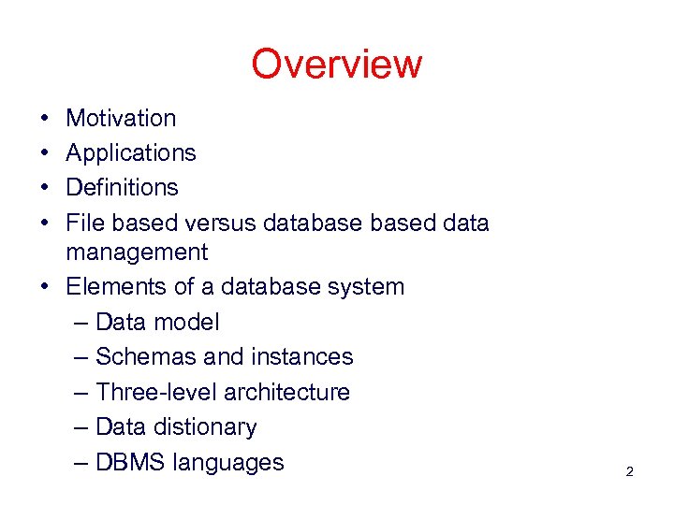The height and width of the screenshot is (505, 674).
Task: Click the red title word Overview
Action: coord(336,65)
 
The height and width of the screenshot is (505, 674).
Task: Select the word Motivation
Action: coord(121,119)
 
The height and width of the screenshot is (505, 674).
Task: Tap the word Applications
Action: coord(131,153)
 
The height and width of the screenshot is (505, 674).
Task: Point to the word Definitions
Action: coord(122,188)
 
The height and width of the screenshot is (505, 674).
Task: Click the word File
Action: coord(81,223)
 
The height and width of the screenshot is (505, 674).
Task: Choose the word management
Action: coord(137,252)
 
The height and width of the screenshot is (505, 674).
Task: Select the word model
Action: coord(186,323)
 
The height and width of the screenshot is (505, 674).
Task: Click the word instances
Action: coord(302,357)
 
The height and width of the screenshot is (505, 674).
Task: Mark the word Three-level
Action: coord(155,392)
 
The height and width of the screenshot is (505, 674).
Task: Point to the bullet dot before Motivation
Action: coord(44,120)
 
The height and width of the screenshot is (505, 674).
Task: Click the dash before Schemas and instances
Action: coord(81,357)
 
